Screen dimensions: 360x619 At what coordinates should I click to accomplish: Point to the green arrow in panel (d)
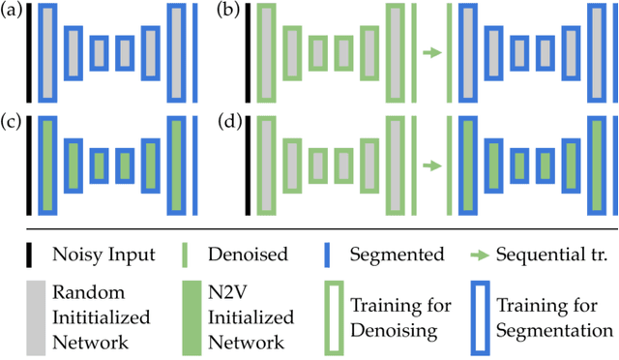[432, 165]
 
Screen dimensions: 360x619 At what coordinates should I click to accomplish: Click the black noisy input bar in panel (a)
[30, 52]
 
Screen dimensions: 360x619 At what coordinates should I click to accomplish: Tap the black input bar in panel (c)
[30, 164]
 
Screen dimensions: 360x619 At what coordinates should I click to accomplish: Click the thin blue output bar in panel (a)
[198, 52]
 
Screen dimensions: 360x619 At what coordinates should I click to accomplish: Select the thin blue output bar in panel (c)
[198, 164]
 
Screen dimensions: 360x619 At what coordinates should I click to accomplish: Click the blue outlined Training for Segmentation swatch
[481, 316]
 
